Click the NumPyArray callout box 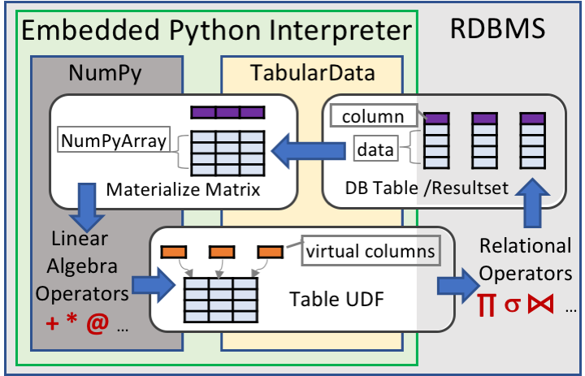click(114, 142)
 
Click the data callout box click(375, 149)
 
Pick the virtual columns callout click(370, 251)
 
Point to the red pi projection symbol click(486, 309)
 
